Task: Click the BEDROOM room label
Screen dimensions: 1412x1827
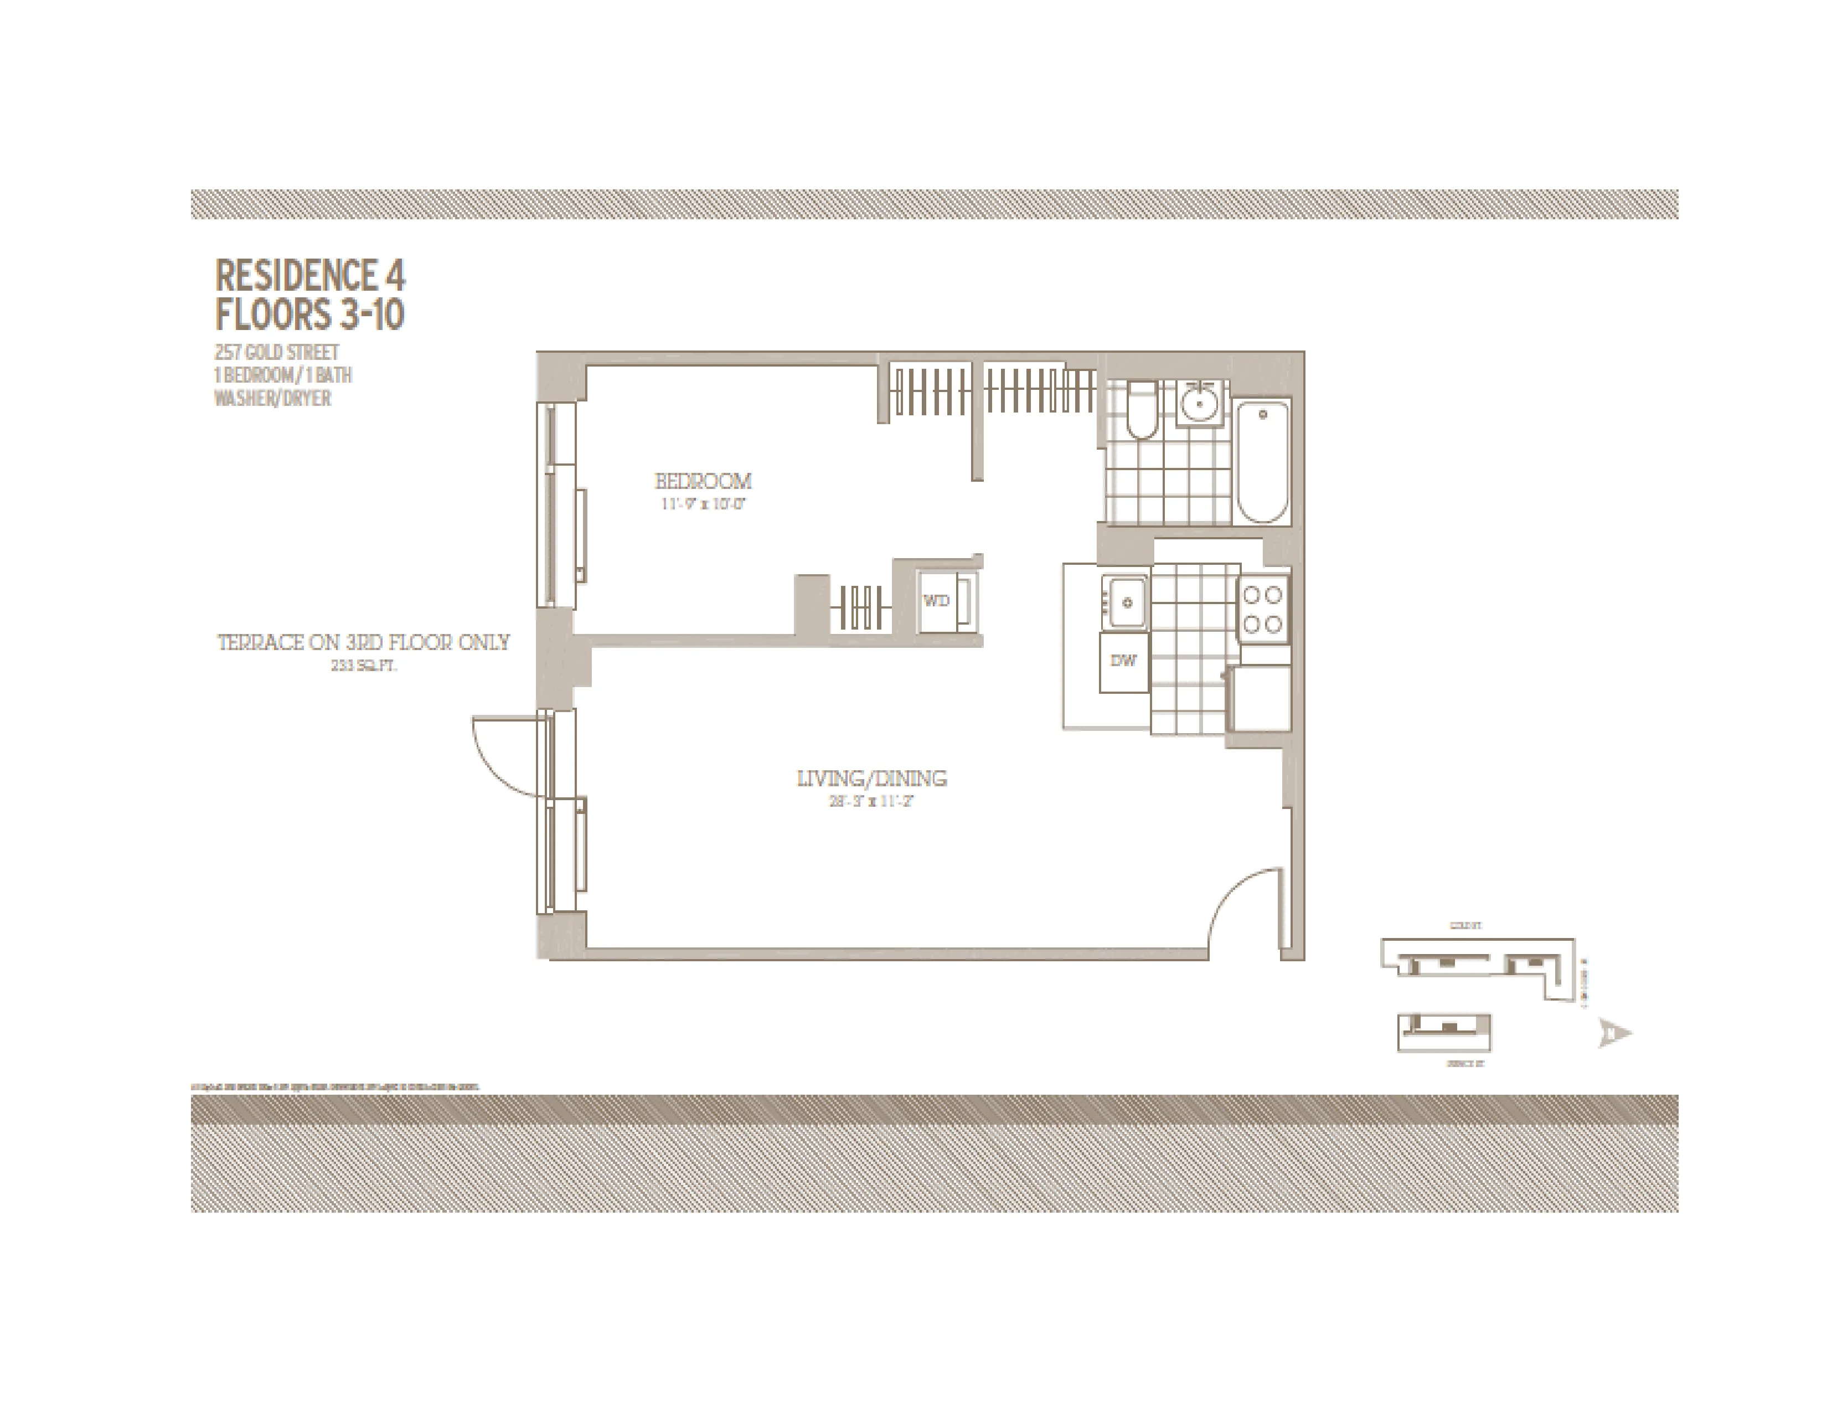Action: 703,481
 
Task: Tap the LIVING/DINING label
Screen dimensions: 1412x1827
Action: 871,779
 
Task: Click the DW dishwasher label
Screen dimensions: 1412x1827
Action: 1123,661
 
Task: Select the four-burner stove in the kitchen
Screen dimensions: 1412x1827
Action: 1262,610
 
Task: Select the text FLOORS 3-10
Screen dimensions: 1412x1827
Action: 309,315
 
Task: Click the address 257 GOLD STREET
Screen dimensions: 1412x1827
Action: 277,352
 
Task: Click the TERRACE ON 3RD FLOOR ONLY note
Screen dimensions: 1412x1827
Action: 364,642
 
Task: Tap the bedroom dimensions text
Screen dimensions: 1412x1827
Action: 703,504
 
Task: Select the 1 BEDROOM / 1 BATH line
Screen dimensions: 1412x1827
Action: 283,375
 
